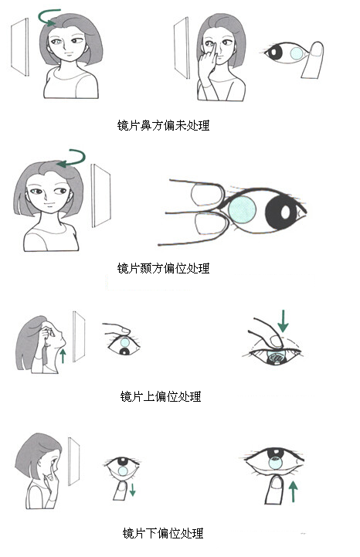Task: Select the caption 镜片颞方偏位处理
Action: (x=163, y=269)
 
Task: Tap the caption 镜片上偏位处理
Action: (x=161, y=397)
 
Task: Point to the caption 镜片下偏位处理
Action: (x=163, y=533)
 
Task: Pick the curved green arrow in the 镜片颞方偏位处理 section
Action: (x=73, y=158)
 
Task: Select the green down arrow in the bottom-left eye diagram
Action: (x=132, y=490)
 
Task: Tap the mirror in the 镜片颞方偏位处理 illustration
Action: (x=101, y=197)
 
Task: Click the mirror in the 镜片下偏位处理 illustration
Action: (x=74, y=462)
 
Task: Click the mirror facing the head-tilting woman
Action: (x=79, y=335)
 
